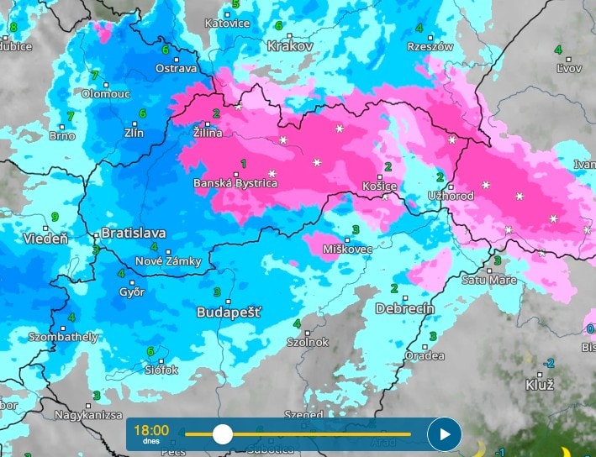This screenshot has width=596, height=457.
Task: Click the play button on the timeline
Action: click(x=444, y=434)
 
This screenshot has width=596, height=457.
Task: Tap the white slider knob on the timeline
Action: click(x=223, y=434)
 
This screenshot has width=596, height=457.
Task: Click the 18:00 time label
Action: click(x=151, y=430)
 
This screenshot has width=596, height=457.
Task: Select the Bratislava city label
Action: click(x=134, y=233)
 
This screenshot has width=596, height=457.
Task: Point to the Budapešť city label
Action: click(x=228, y=312)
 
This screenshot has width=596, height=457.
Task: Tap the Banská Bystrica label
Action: click(x=235, y=183)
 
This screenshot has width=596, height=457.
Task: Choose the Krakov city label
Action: click(x=289, y=45)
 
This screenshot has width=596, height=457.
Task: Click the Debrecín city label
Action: click(x=405, y=308)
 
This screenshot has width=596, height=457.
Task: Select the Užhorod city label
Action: click(x=451, y=196)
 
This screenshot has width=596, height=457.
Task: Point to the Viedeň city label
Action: click(x=45, y=239)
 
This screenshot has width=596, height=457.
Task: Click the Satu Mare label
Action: click(x=489, y=280)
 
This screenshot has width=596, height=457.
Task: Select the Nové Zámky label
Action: click(x=168, y=261)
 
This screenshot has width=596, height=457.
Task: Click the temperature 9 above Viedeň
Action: click(x=55, y=217)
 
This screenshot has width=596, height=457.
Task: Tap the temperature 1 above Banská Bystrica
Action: click(x=244, y=163)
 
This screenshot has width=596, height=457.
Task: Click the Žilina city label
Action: click(x=208, y=133)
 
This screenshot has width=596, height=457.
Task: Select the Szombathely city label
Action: click(x=63, y=337)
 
